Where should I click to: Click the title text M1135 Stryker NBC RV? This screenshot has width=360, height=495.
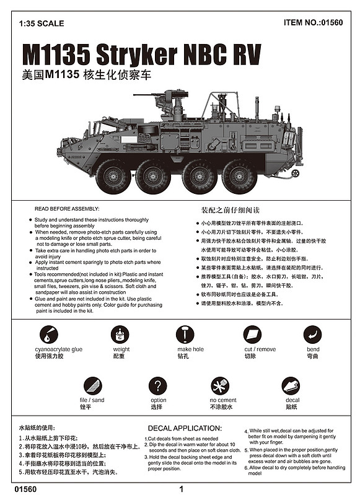[141, 55]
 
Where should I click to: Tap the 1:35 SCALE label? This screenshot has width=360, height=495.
[42, 24]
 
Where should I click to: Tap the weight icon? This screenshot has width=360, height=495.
[120, 335]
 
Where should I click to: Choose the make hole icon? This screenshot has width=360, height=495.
[185, 335]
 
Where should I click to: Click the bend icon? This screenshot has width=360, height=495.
[312, 335]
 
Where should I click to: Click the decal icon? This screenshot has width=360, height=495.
[291, 387]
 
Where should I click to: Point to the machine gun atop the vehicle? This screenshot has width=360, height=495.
[162, 98]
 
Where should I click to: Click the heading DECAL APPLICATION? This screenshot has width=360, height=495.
[184, 427]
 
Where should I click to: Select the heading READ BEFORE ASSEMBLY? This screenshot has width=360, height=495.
[67, 209]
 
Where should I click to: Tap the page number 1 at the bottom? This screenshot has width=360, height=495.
[180, 488]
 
